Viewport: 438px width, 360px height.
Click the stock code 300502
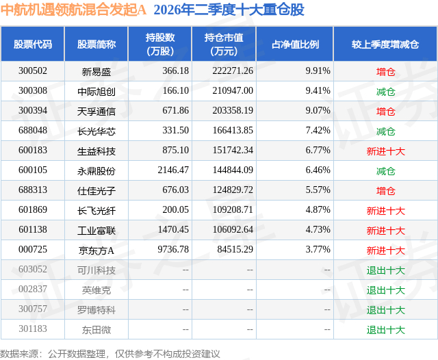(33, 71)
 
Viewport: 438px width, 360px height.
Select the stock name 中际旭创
(96, 92)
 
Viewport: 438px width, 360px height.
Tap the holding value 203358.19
(233, 111)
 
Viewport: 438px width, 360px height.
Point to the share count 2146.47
(173, 170)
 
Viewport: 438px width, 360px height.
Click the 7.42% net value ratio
(318, 131)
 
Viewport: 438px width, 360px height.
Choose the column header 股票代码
(33, 44)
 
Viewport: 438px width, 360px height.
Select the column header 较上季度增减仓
(385, 44)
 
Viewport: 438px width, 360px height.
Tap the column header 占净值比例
(296, 44)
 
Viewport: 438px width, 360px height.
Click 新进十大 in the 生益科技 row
(385, 151)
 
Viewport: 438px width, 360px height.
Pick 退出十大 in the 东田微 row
(385, 330)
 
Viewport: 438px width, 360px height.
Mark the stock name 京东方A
(96, 250)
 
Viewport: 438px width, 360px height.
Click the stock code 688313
(33, 190)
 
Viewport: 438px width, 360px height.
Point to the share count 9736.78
(173, 249)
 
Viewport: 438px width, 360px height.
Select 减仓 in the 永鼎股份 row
(385, 171)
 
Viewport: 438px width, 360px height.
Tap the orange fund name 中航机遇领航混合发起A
(73, 10)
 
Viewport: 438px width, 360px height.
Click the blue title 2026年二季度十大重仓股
(229, 10)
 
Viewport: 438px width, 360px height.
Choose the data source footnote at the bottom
(109, 354)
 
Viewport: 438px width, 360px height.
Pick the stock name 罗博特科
(96, 310)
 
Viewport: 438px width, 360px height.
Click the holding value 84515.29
(235, 249)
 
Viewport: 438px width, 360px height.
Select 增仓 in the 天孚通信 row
(385, 112)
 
